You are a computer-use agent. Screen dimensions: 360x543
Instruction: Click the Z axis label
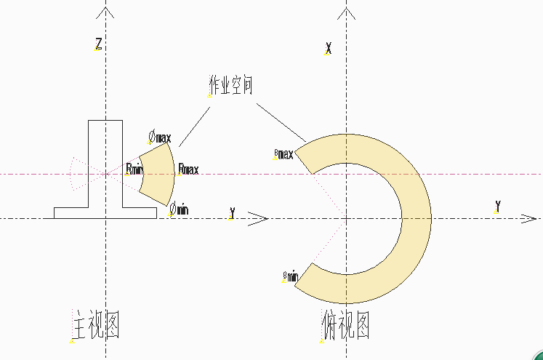tap(98, 44)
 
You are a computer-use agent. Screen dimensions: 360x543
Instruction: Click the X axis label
tap(329, 49)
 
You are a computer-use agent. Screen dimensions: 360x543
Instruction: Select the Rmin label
tap(134, 169)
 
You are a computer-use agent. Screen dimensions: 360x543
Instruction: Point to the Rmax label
tap(188, 169)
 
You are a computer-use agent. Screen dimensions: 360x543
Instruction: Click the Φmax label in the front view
tap(160, 136)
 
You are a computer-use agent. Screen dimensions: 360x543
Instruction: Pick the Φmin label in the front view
tap(179, 209)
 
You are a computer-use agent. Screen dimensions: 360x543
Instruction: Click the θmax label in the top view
tap(283, 153)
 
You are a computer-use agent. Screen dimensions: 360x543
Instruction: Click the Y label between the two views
tap(232, 212)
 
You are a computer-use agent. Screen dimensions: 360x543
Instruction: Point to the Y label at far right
tap(497, 206)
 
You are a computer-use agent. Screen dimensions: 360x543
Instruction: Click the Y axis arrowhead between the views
tap(260, 218)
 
